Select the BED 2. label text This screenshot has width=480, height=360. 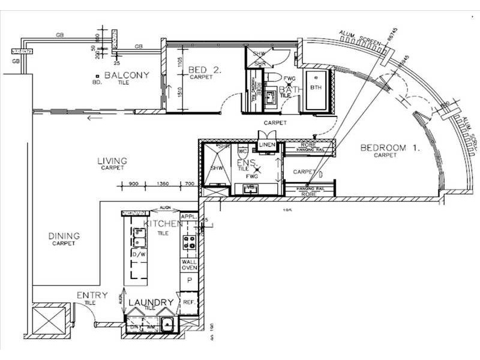(x=205, y=70)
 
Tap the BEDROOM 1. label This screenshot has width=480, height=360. (x=388, y=148)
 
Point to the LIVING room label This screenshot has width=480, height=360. (x=112, y=161)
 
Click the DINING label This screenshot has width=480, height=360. (x=64, y=236)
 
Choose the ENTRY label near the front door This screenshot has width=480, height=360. (x=92, y=295)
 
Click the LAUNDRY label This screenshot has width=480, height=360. (x=151, y=302)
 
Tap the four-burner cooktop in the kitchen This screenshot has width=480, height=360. (x=190, y=242)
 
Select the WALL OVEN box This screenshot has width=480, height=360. (x=189, y=266)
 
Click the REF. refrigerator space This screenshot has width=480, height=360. (x=188, y=302)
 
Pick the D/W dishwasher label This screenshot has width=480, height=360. (x=137, y=254)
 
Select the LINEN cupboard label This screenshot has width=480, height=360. (x=266, y=145)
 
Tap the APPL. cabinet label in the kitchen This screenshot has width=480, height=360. (x=189, y=216)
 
